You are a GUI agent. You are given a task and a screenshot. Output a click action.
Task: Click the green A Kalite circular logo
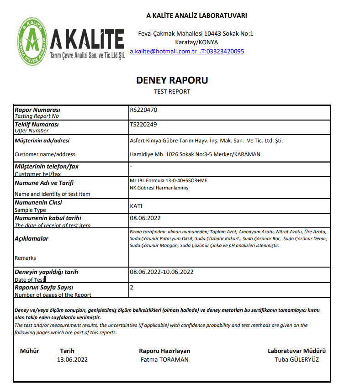(32, 41)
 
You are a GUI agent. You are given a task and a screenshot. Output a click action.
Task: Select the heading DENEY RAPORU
(172, 80)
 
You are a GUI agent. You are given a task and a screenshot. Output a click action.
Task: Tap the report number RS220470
(144, 110)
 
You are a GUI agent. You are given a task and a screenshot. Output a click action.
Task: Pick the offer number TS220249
(144, 124)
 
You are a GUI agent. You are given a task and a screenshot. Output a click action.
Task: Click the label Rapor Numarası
(37, 110)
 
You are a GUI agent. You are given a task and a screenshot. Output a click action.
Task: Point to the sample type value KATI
(136, 206)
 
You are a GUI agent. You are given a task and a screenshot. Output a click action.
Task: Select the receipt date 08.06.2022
(145, 218)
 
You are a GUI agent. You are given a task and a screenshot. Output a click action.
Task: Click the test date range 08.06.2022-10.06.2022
(162, 272)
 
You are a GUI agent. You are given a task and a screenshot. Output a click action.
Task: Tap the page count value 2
(132, 288)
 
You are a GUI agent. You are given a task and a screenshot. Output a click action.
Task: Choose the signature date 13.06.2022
(72, 359)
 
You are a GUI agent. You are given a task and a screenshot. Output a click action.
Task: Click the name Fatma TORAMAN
(164, 359)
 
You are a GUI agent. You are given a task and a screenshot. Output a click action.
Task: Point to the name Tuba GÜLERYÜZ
(296, 359)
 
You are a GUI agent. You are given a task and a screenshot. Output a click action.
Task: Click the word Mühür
(30, 351)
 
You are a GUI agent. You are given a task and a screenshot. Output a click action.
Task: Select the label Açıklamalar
(32, 239)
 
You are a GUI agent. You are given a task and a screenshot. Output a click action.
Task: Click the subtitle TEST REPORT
(172, 91)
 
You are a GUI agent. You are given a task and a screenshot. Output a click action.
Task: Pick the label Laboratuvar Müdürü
(296, 351)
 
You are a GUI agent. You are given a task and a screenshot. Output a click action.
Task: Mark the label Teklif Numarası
(37, 124)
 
